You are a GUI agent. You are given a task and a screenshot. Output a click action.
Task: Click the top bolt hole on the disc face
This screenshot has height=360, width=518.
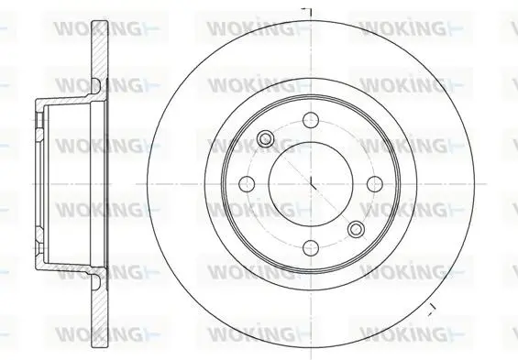click(x=311, y=120)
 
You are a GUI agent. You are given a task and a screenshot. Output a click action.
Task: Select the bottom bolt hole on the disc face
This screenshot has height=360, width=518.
click(x=311, y=248)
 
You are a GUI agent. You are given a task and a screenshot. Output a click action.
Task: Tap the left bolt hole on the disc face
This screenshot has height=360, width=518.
click(x=247, y=184)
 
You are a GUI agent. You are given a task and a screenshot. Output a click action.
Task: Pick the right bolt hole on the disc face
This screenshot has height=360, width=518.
click(x=375, y=184)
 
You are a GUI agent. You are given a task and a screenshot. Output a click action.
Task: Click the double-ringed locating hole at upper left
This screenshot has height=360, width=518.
click(x=265, y=138)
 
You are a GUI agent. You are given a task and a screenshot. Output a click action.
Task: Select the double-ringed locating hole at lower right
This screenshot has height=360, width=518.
click(x=357, y=229)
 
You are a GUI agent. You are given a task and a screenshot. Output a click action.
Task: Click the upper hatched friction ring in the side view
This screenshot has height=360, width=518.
click(x=99, y=49)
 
